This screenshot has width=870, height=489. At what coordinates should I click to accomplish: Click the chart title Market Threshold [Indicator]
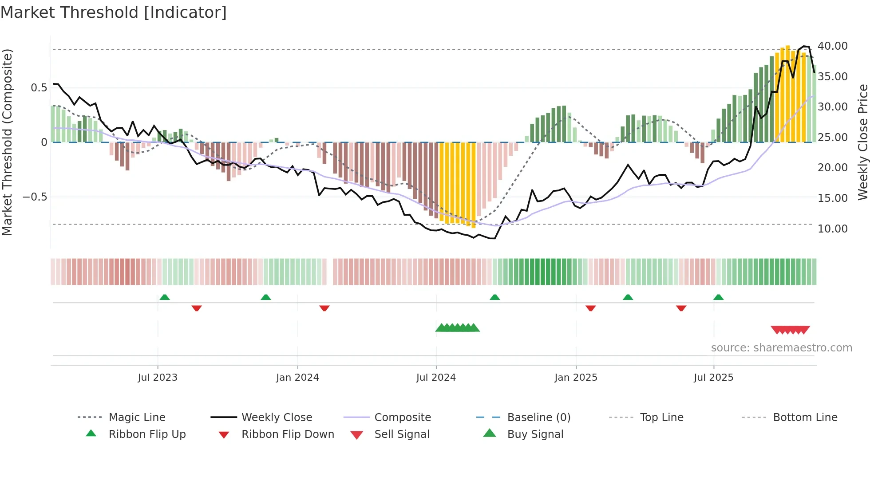(114, 12)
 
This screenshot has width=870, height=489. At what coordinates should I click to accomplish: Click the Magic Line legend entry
(137, 418)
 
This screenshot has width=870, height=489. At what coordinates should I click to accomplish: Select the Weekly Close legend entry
(277, 418)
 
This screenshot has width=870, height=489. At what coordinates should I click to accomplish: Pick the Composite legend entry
(402, 418)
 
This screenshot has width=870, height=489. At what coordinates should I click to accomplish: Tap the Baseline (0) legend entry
(538, 418)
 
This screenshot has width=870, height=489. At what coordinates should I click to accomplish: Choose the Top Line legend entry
(661, 418)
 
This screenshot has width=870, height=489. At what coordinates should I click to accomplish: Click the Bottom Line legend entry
(805, 418)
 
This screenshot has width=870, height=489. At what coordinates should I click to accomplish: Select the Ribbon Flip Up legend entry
(147, 434)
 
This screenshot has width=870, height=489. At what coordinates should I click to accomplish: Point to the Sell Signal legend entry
(401, 434)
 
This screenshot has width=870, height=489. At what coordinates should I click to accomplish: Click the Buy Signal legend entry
(535, 434)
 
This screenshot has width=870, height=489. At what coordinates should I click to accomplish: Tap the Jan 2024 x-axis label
(297, 378)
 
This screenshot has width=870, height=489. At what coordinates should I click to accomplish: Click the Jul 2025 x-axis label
(713, 378)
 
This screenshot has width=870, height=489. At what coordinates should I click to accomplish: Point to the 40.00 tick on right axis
(832, 46)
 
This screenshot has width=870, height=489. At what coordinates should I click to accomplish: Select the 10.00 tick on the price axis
(832, 229)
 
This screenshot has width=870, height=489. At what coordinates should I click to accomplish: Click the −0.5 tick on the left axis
(35, 197)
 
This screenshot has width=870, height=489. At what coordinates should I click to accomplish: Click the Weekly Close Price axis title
(862, 142)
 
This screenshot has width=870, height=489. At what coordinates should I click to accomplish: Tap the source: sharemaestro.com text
(781, 348)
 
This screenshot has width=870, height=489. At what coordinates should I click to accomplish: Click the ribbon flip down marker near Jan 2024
(324, 308)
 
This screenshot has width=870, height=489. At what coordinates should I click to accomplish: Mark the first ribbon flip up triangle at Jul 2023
(165, 297)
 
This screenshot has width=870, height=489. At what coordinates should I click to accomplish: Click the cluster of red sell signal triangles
(790, 330)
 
